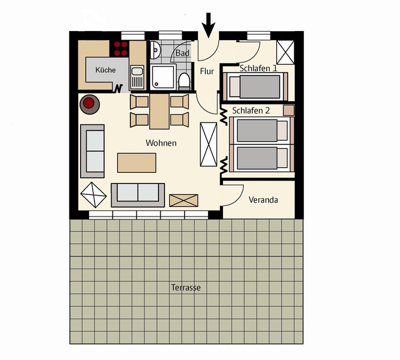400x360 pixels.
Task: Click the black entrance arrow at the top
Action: tap(209, 23)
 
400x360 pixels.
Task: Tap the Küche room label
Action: tap(105, 71)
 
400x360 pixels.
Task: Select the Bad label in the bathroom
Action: tap(182, 54)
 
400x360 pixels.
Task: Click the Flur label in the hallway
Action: tap(207, 72)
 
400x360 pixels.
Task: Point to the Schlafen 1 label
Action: tap(258, 68)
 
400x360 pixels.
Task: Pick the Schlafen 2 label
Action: tap(251, 111)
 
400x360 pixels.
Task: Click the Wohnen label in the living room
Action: tap(161, 144)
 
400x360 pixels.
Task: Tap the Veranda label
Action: tap(264, 200)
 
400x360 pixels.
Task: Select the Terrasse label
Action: tap(186, 288)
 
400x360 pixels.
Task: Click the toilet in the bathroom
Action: tap(184, 81)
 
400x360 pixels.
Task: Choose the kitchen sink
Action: tap(137, 76)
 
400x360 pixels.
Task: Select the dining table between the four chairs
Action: tap(159, 111)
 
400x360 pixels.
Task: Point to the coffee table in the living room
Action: tap(137, 163)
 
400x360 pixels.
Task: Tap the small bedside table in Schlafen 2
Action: tap(289, 110)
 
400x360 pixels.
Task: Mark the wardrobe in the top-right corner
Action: tap(285, 52)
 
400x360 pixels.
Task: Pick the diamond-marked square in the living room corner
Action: tap(92, 194)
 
